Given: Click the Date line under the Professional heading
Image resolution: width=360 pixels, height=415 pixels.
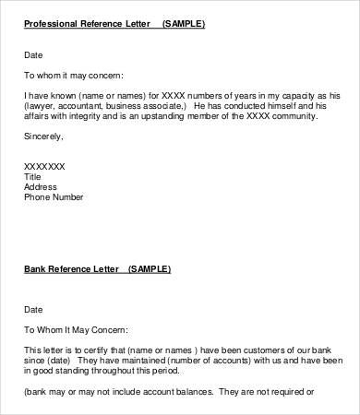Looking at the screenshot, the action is (33, 54).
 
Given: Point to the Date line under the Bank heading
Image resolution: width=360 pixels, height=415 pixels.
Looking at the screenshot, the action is (33, 310).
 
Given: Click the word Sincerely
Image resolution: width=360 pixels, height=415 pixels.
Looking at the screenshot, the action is (43, 136).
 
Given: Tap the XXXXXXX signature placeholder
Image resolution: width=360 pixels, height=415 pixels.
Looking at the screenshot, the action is (44, 166).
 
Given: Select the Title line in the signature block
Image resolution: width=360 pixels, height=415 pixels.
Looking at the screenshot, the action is (32, 176).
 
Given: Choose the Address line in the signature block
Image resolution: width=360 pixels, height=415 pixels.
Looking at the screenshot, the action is (40, 186).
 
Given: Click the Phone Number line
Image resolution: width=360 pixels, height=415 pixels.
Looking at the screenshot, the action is (54, 196).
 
